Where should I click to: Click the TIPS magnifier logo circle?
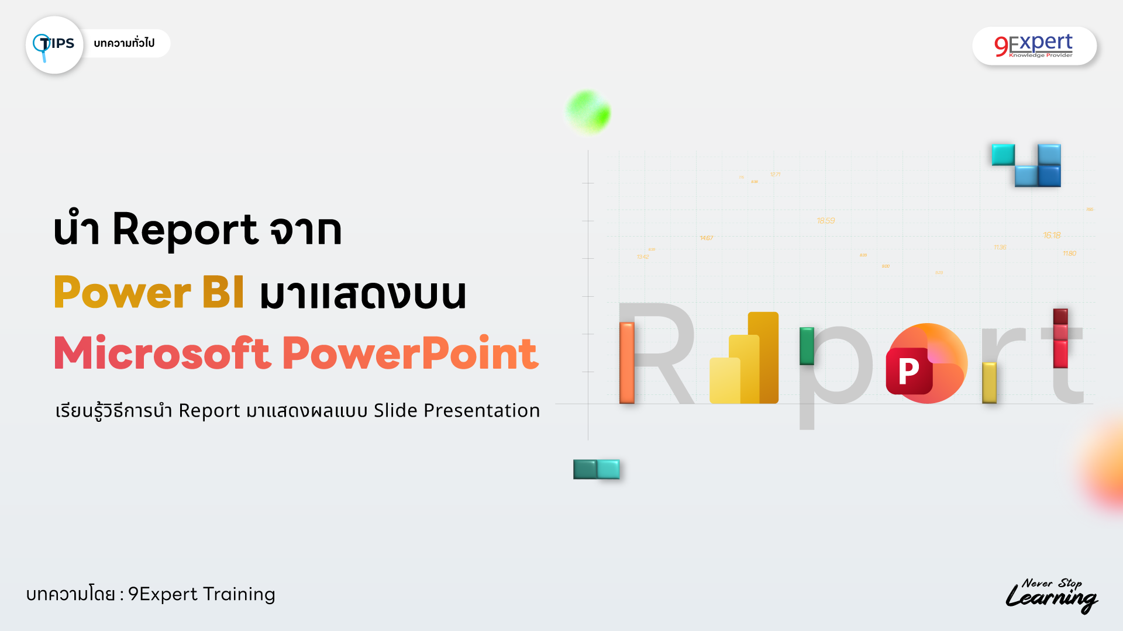[x=54, y=45]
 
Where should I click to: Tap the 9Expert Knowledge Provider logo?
[x=1034, y=46]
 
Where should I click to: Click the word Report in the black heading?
[x=185, y=229]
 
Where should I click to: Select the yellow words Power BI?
[x=149, y=292]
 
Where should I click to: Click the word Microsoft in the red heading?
[x=163, y=353]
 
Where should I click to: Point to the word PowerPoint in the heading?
[x=410, y=353]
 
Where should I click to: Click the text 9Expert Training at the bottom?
[x=201, y=594]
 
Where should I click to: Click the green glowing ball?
[x=588, y=112]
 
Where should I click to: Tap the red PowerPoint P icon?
[x=909, y=370]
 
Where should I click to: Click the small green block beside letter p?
[x=807, y=346]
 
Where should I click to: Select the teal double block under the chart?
[x=596, y=469]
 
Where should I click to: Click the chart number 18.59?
[x=825, y=221]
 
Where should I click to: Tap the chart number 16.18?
[x=1051, y=235]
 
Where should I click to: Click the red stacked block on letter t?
[x=1060, y=338]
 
